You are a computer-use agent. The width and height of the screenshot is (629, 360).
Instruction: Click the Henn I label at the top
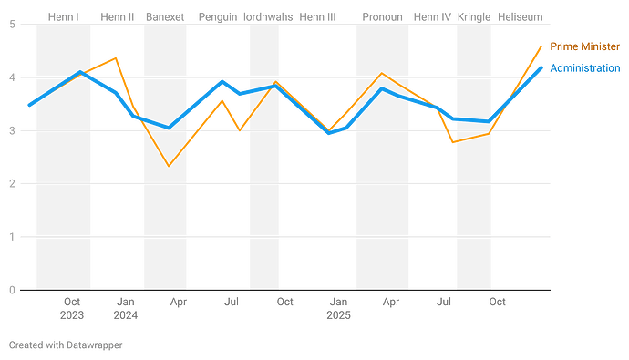point(63,17)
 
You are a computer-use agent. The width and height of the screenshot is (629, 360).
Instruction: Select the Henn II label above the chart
point(119,17)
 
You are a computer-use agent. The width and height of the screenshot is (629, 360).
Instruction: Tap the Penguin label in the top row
point(217,17)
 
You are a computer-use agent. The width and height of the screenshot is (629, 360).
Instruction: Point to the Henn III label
point(317,17)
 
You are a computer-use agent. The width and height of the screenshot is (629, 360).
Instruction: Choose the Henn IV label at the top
point(432,17)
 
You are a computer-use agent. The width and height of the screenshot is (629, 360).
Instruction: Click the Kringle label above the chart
point(474,17)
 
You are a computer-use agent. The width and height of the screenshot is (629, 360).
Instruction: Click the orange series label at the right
point(584,46)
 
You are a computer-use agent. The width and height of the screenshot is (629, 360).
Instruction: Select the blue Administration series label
point(584,68)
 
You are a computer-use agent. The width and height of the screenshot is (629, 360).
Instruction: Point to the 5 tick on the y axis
point(12,25)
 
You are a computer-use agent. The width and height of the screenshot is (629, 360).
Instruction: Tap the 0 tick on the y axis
point(12,290)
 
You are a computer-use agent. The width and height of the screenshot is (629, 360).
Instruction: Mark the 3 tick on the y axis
point(12,130)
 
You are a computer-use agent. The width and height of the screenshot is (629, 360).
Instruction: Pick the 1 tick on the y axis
point(12,237)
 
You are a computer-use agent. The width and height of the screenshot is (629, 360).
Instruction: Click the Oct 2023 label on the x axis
point(72,307)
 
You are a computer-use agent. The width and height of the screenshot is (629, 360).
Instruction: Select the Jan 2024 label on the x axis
point(125,307)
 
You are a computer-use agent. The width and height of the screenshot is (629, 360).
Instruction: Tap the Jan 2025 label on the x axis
point(338,307)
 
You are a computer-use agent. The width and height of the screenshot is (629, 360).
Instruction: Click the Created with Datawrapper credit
point(65,345)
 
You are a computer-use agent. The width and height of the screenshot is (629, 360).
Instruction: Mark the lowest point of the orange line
point(168,166)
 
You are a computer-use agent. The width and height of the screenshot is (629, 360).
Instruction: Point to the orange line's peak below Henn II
point(115,57)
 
